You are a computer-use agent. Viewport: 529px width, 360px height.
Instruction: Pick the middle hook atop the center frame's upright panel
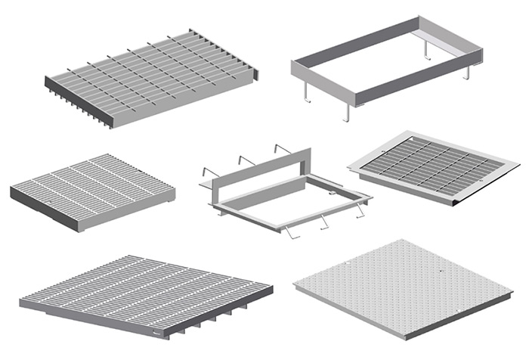point(243,160)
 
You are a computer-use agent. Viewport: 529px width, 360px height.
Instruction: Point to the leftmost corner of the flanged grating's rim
point(349,168)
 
